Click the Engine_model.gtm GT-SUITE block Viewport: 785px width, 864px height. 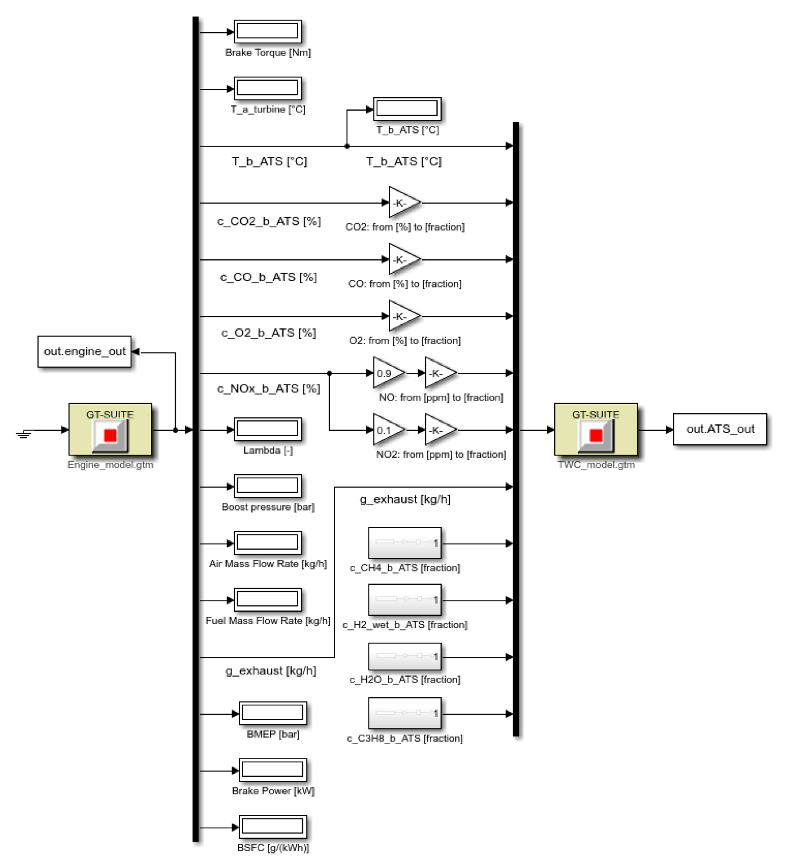click(x=110, y=430)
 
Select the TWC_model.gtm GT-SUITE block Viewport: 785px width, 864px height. click(x=596, y=430)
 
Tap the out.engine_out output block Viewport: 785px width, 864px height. click(x=84, y=352)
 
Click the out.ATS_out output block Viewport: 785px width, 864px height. click(x=720, y=429)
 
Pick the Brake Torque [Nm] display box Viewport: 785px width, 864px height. click(x=268, y=32)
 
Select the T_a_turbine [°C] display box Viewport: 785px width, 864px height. click(x=268, y=88)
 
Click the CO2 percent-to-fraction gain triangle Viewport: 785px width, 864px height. click(x=404, y=203)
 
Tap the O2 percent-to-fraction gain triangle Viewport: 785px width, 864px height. click(x=404, y=316)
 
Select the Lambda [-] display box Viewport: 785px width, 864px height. click(x=268, y=429)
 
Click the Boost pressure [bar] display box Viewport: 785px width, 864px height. click(x=268, y=486)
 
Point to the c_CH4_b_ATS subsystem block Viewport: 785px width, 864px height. click(x=404, y=543)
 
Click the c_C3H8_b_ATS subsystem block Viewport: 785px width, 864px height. click(x=404, y=713)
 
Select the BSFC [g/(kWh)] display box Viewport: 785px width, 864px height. click(x=272, y=827)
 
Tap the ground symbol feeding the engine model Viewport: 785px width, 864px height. click(x=23, y=433)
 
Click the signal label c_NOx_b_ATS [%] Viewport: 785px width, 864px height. click(x=268, y=389)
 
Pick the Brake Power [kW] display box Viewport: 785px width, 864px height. click(x=272, y=770)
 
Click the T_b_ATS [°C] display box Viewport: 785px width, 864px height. click(x=407, y=109)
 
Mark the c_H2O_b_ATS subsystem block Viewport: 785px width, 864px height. click(x=404, y=656)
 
